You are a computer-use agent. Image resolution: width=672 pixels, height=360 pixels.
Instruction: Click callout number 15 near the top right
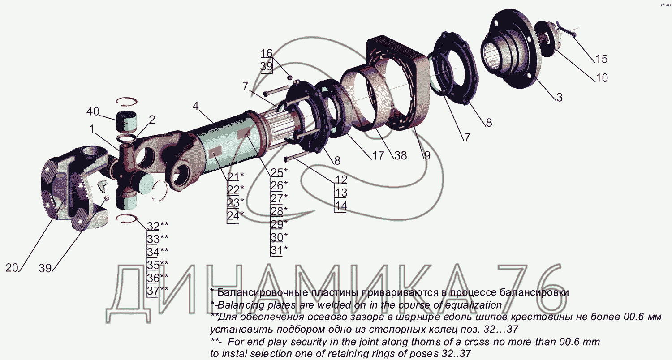coord(601,59)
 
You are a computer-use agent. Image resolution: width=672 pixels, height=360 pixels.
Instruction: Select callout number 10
coord(601,78)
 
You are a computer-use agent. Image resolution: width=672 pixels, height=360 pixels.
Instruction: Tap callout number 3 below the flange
coord(559,98)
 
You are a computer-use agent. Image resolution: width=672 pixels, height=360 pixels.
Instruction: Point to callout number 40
coord(93,111)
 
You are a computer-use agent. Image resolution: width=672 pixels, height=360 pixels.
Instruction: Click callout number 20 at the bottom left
coord(12,268)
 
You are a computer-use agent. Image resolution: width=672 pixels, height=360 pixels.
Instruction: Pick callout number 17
coord(378,155)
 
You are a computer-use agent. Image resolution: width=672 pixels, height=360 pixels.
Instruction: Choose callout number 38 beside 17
coord(401,155)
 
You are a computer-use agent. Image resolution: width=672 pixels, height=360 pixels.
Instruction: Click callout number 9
coord(427,155)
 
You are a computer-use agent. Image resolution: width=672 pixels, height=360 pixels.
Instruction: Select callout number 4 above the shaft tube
coord(196,106)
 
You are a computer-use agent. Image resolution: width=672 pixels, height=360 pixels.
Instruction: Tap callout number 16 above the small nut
coord(267,53)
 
